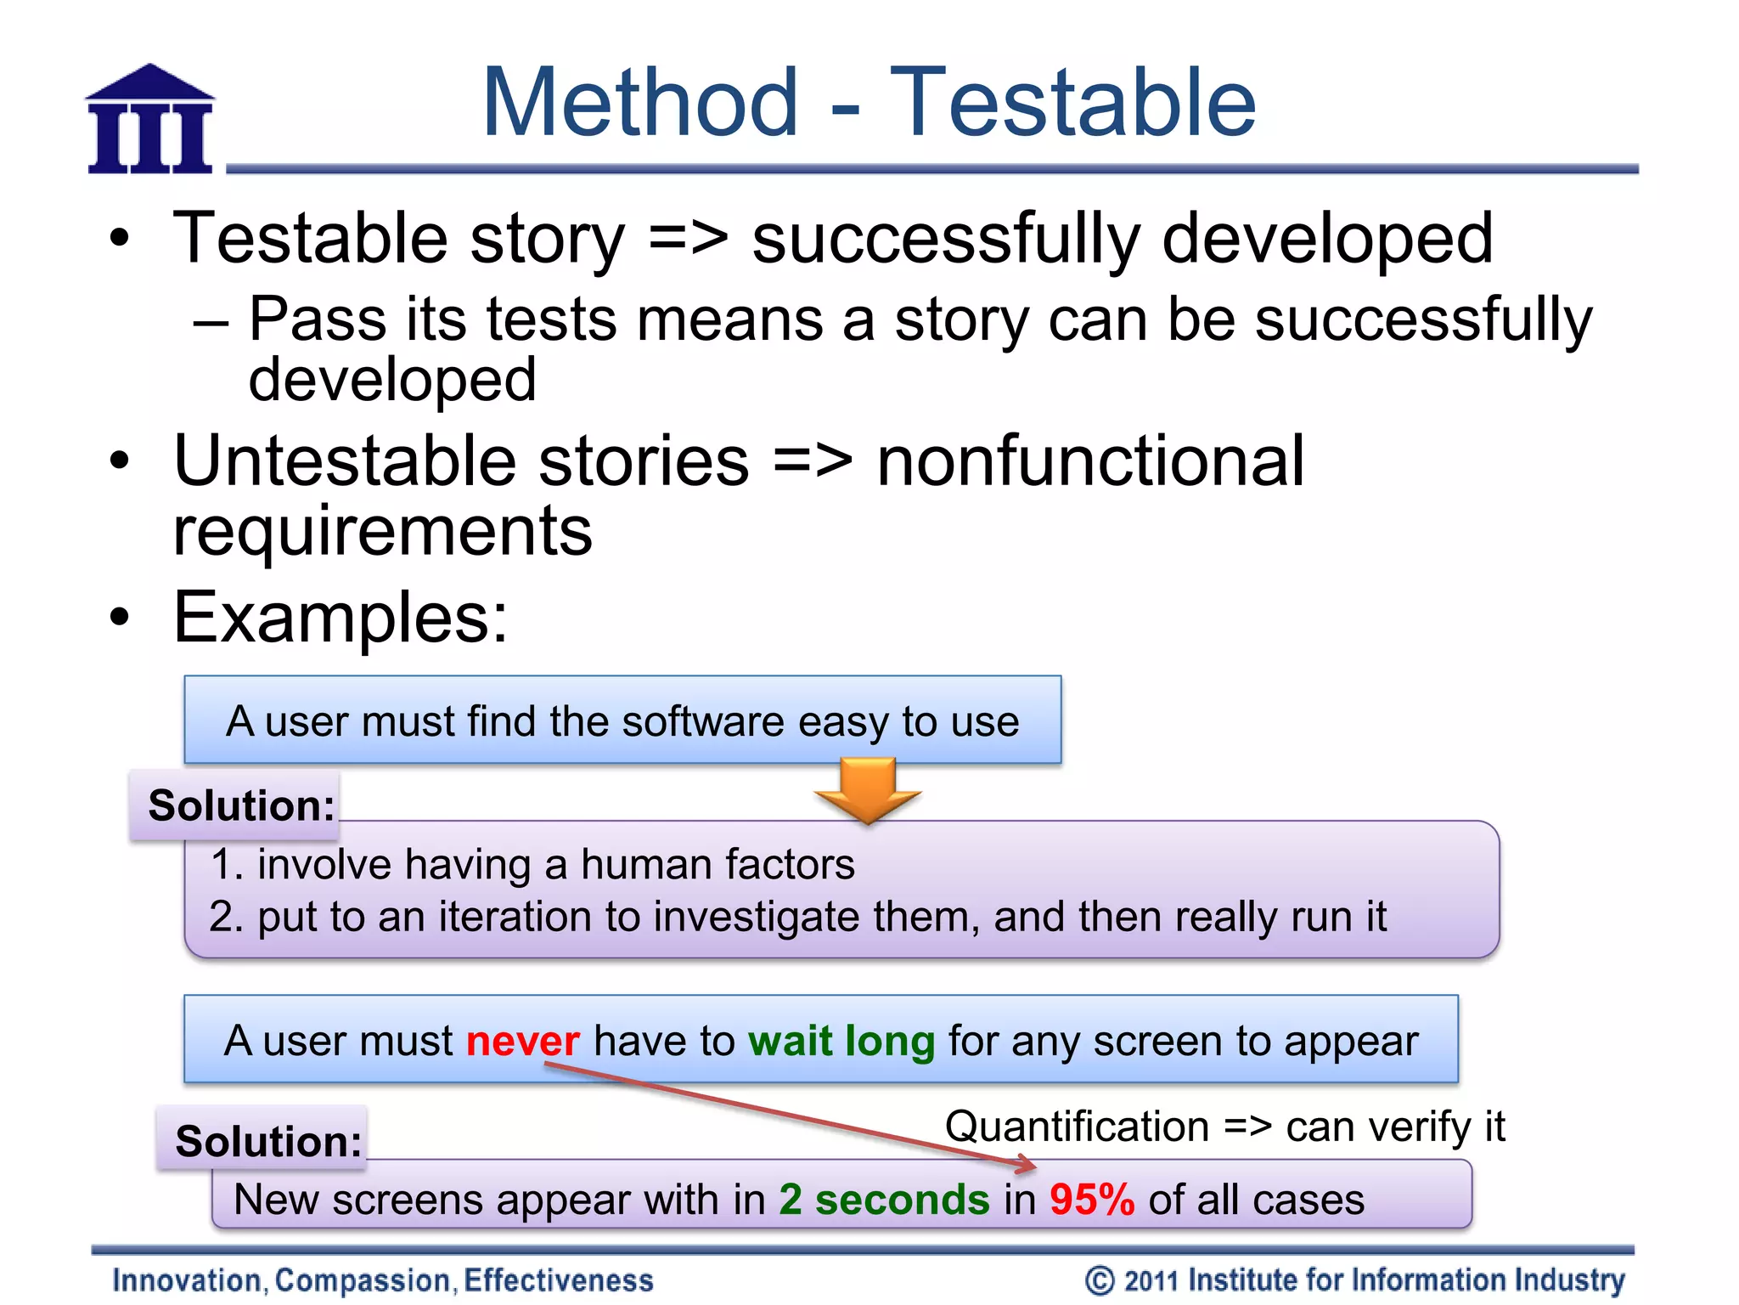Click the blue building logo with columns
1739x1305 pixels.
point(150,120)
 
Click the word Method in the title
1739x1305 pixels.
point(640,103)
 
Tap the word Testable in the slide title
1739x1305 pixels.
point(1072,103)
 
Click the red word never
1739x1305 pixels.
point(522,1041)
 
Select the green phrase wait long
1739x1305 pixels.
point(841,1041)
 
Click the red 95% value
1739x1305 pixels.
point(1091,1200)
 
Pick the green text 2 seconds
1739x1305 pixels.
point(884,1200)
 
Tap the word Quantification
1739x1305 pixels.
point(1077,1127)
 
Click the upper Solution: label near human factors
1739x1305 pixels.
point(241,805)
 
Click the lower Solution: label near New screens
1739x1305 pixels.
point(268,1141)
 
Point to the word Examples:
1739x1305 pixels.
point(340,618)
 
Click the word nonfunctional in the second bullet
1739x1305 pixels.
point(1089,461)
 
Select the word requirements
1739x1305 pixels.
point(382,532)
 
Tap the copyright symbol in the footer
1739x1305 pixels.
point(1099,1280)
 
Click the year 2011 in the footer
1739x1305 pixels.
point(1151,1280)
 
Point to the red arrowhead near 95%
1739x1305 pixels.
point(1028,1164)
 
